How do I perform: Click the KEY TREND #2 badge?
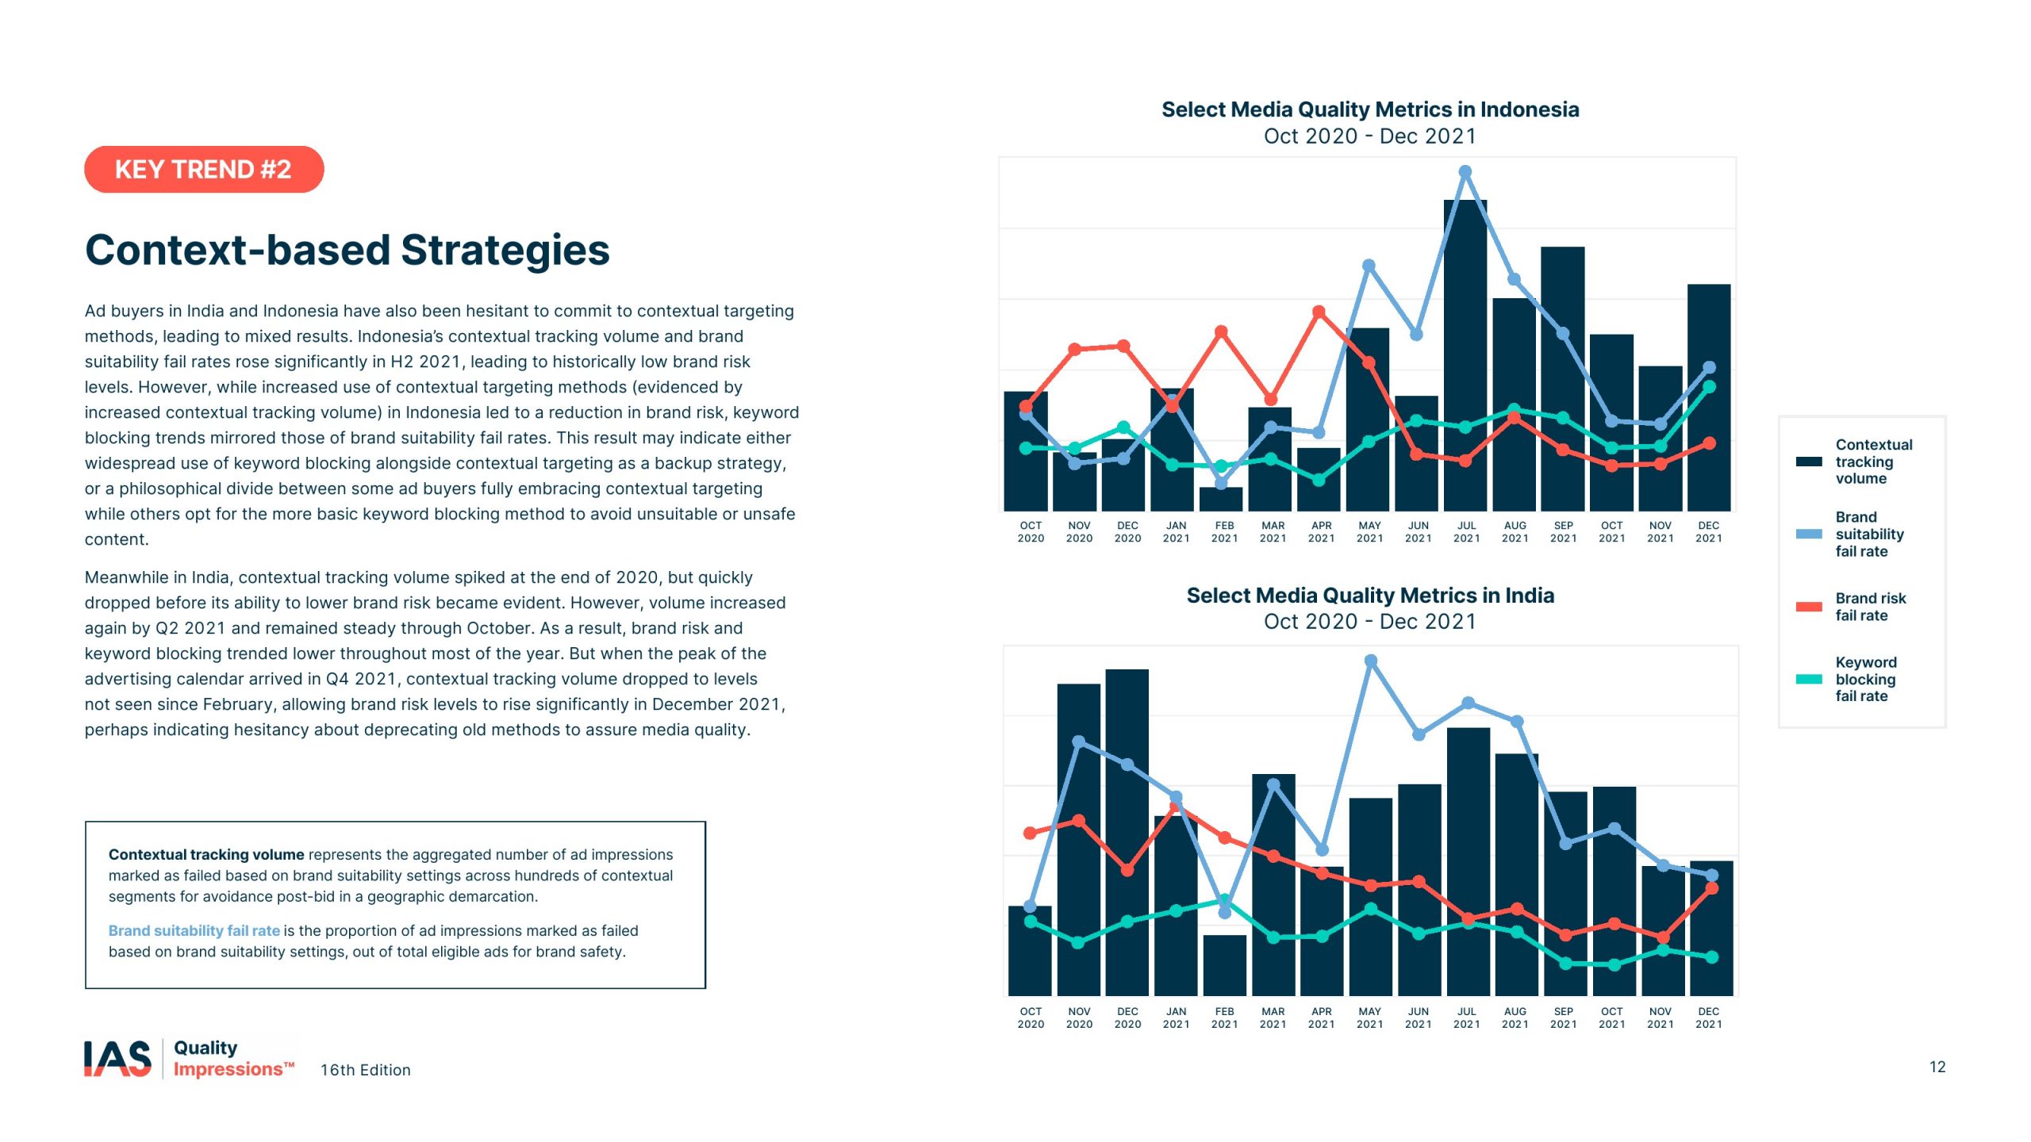pos(204,169)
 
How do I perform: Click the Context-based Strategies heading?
pos(347,250)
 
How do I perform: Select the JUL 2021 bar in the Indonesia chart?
pos(1465,357)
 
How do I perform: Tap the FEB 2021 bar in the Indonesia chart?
pos(1221,500)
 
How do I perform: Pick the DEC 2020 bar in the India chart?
pos(1127,833)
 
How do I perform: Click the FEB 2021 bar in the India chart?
pos(1224,965)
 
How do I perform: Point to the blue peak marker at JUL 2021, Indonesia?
pos(1465,172)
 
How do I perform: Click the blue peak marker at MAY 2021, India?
pos(1371,661)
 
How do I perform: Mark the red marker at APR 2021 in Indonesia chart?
pos(1319,312)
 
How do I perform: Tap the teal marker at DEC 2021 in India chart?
pos(1712,957)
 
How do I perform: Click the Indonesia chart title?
pos(1370,109)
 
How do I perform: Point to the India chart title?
pos(1370,596)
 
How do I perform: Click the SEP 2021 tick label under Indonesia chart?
pos(1563,532)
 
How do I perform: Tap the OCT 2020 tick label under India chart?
pos(1031,1017)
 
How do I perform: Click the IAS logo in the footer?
pos(117,1059)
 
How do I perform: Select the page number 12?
pos(1937,1067)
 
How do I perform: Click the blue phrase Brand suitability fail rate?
pos(194,930)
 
